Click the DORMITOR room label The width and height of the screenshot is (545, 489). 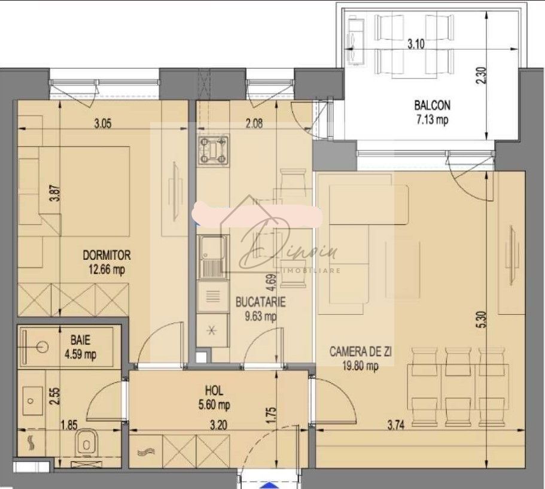point(106,255)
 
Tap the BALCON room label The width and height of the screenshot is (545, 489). point(432,105)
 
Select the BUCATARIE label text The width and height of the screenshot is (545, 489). point(252,303)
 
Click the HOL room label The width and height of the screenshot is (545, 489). point(214,391)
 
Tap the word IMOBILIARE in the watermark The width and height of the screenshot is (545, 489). point(317,270)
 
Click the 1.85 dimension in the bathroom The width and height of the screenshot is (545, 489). point(71,426)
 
